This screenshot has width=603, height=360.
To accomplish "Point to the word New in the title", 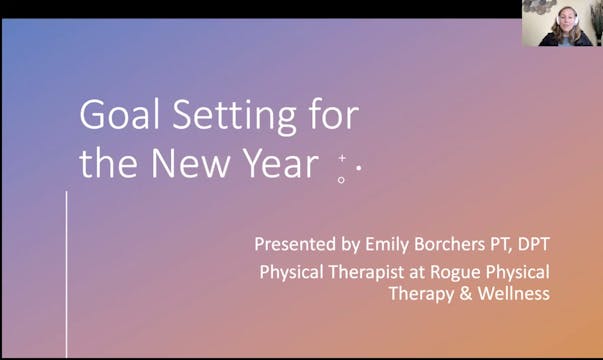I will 192,163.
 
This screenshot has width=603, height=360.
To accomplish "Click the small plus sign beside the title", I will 342,157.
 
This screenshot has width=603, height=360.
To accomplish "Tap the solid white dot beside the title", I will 358,168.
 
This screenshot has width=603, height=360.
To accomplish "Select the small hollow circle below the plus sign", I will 342,180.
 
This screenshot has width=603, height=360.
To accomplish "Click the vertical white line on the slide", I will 67,275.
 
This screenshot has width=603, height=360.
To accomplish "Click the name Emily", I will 371,243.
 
